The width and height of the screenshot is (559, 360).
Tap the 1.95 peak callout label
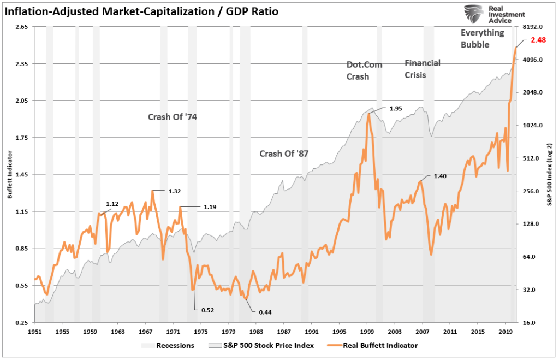click(x=396, y=109)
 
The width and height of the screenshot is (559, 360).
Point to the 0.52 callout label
click(x=208, y=310)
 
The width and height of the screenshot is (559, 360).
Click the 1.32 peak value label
click(x=174, y=191)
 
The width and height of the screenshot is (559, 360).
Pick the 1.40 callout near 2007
click(x=440, y=176)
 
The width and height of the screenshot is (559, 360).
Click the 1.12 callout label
click(x=112, y=204)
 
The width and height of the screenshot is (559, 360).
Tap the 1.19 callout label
click(x=210, y=207)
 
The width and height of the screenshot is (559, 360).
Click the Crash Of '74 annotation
click(x=172, y=117)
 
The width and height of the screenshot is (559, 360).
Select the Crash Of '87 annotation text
click(x=284, y=154)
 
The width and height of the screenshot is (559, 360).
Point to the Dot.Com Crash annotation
click(x=364, y=70)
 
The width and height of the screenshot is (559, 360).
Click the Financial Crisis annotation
click(x=422, y=69)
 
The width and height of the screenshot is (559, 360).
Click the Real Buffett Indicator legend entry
click(x=379, y=345)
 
